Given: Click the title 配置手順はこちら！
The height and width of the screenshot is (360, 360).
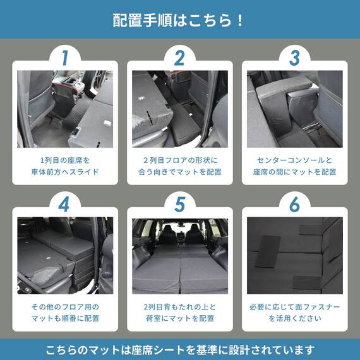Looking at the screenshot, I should pos(179,20).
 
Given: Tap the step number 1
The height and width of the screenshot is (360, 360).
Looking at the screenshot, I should pos(64,58).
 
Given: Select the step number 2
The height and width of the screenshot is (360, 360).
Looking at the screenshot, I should pos(180,58).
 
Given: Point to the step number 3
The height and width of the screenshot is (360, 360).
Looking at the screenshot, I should pos(295,58).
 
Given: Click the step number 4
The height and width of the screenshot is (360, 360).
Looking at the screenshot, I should pos(64,205).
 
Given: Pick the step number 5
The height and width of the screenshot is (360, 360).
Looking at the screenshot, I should pos(180,205).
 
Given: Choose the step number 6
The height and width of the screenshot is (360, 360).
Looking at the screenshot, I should pos(295,205).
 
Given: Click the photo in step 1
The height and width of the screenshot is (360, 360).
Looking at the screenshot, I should pos(64,109).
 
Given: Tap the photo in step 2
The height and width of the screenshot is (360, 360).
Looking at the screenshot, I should pos(180,109).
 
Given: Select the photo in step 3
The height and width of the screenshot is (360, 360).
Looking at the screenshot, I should pos(295,109).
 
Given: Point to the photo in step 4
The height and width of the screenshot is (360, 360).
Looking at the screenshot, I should pos(64,254).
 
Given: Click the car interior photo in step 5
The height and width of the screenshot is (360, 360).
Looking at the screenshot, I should pos(180,254).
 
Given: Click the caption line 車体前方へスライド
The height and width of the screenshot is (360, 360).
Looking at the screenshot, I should pos(64,172).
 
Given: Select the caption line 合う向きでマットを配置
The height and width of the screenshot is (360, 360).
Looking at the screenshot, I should pos(180,172).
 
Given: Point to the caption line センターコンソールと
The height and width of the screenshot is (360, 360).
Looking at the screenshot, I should pos(295,160).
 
